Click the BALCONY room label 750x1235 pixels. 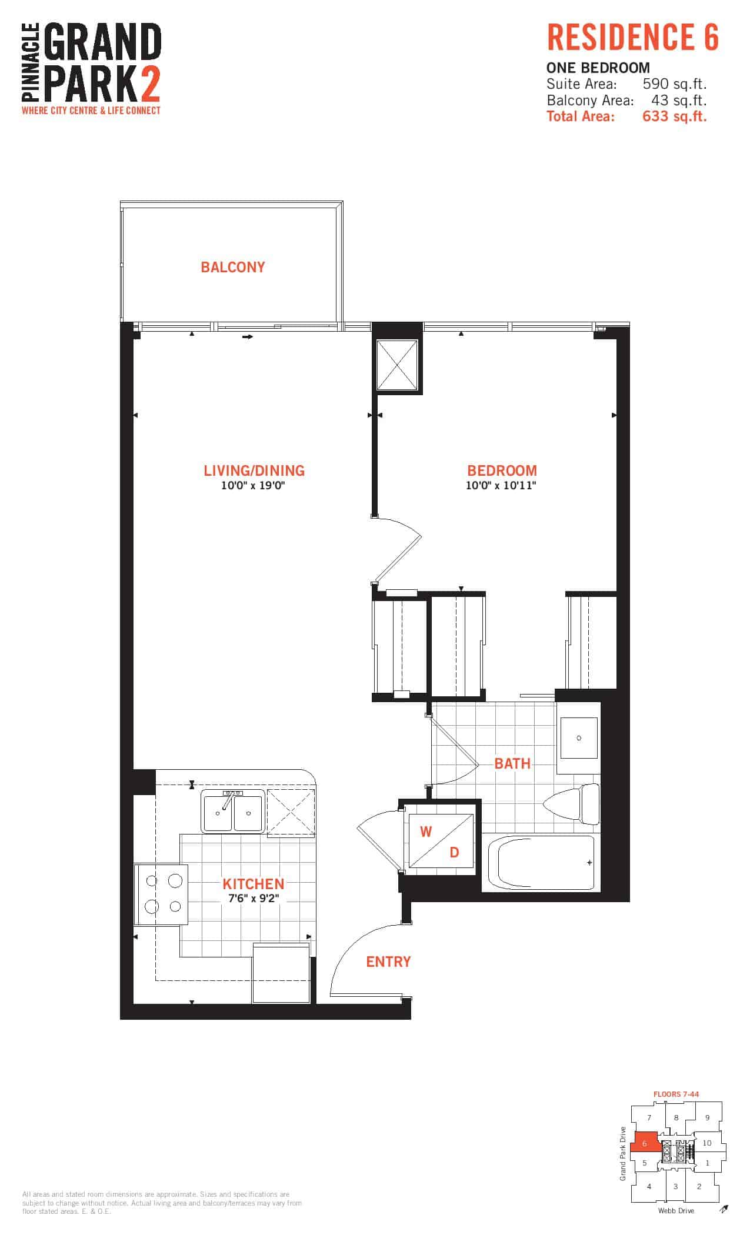point(233,267)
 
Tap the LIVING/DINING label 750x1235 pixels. point(254,470)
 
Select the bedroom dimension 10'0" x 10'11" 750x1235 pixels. point(502,486)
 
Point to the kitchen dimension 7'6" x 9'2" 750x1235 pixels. point(253,899)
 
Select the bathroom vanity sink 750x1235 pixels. point(579,737)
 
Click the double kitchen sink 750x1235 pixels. point(233,812)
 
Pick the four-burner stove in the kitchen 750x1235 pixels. point(161,893)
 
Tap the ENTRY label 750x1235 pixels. point(388,962)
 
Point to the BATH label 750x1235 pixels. point(512,763)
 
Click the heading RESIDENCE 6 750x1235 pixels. point(633,37)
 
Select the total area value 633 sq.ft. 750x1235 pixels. point(675,116)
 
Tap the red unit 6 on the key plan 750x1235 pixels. point(645,1144)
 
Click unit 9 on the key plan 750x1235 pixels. point(707,1118)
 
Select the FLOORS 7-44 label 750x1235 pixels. point(676,1094)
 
